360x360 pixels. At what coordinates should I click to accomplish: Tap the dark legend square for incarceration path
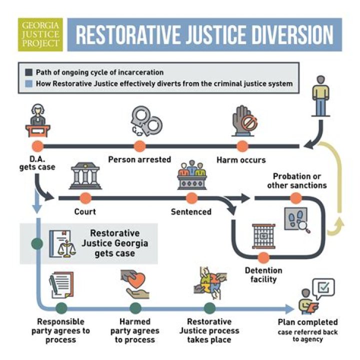tap(28, 73)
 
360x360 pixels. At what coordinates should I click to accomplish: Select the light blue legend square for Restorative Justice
tap(28, 83)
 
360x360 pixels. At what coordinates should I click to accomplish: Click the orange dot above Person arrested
tap(140, 146)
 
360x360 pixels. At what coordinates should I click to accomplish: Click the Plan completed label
tap(307, 322)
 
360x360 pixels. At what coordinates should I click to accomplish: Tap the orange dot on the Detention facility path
tap(263, 258)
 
